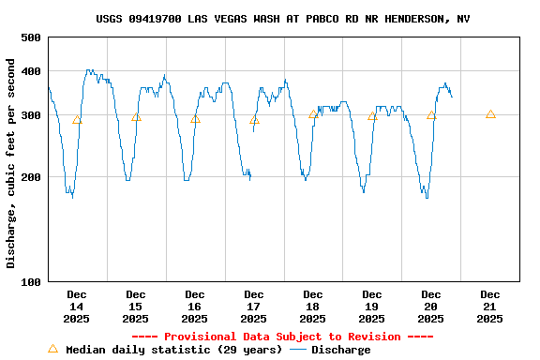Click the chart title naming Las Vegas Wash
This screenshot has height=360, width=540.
(x=283, y=19)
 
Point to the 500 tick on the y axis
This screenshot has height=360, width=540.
(x=31, y=37)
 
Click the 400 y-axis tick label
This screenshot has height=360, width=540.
(x=31, y=71)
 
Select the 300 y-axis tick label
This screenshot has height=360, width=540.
(x=31, y=115)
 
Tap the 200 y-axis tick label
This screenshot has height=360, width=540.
(x=31, y=177)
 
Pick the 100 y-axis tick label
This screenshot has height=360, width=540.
(x=31, y=282)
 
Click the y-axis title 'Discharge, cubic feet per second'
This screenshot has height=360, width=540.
(x=11, y=163)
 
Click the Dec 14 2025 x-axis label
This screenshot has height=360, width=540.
(x=77, y=307)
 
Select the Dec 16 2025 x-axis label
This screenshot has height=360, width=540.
(x=195, y=307)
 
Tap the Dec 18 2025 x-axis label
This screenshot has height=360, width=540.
(x=313, y=307)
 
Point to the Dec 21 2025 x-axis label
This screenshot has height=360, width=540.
(x=490, y=307)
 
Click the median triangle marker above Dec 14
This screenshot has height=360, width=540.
(x=77, y=119)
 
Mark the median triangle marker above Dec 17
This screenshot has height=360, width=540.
(x=254, y=119)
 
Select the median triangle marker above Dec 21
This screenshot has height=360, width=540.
(x=490, y=113)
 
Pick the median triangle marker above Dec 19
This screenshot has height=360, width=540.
(x=372, y=115)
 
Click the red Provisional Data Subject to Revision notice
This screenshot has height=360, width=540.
(x=282, y=337)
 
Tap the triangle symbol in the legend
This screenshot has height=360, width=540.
(x=52, y=349)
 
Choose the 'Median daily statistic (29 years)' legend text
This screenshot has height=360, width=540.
(x=173, y=350)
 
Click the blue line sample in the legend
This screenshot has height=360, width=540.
(x=298, y=350)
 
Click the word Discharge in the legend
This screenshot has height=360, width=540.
(x=340, y=350)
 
